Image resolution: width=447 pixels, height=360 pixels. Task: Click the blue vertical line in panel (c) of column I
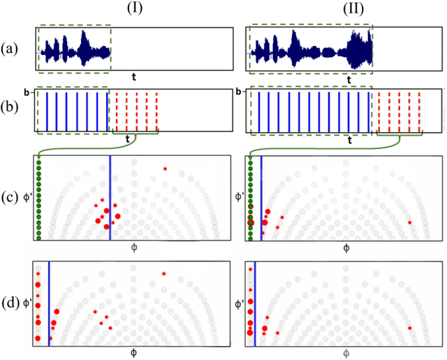coord(110,199)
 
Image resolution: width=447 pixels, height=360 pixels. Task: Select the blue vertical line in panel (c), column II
coord(261,199)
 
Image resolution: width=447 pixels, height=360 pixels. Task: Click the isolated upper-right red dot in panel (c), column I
coord(165,168)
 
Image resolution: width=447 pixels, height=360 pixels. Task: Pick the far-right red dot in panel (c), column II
coord(410,222)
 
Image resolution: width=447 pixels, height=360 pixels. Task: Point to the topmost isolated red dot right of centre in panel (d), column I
coord(164,273)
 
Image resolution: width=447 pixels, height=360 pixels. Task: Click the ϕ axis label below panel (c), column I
coord(133,248)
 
